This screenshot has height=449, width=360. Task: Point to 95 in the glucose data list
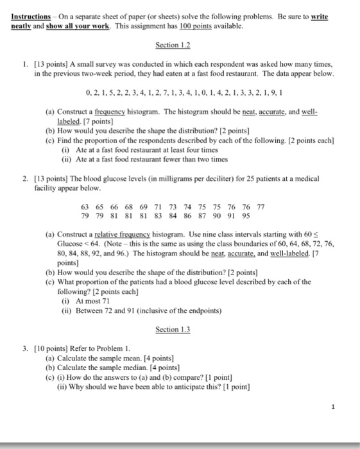coord(245,216)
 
